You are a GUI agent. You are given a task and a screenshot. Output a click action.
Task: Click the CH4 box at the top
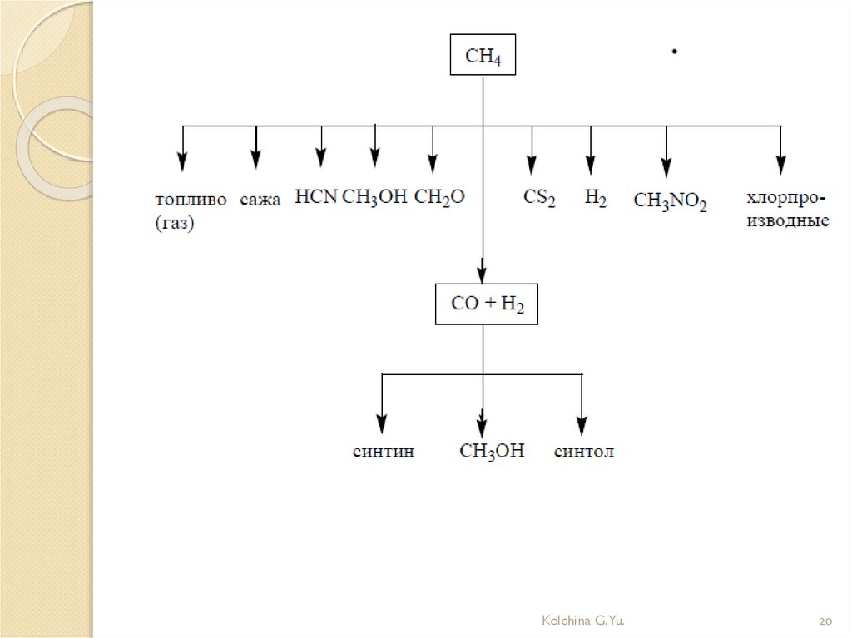pyautogui.click(x=483, y=56)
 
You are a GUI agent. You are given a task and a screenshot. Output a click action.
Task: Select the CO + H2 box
pyautogui.click(x=487, y=304)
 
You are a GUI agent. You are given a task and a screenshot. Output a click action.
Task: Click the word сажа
pyautogui.click(x=261, y=199)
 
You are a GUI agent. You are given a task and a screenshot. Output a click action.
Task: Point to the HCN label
pyautogui.click(x=316, y=197)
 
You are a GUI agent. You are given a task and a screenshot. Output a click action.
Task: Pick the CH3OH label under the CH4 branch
pyautogui.click(x=375, y=198)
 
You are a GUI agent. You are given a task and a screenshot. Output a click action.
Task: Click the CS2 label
pyautogui.click(x=539, y=199)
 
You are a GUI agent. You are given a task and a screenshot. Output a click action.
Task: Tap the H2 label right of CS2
pyautogui.click(x=595, y=199)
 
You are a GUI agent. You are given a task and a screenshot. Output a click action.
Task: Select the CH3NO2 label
pyautogui.click(x=670, y=201)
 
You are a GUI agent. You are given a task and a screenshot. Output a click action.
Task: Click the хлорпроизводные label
pyautogui.click(x=786, y=210)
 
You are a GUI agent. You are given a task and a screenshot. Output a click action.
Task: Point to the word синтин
pyautogui.click(x=383, y=453)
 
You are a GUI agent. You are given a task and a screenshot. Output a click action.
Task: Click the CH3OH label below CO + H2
pyautogui.click(x=493, y=453)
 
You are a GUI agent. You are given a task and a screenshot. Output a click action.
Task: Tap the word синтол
pyautogui.click(x=584, y=453)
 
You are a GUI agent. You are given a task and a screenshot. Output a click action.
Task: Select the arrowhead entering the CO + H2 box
pyautogui.click(x=483, y=275)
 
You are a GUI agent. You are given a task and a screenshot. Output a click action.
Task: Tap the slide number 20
pyautogui.click(x=825, y=621)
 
